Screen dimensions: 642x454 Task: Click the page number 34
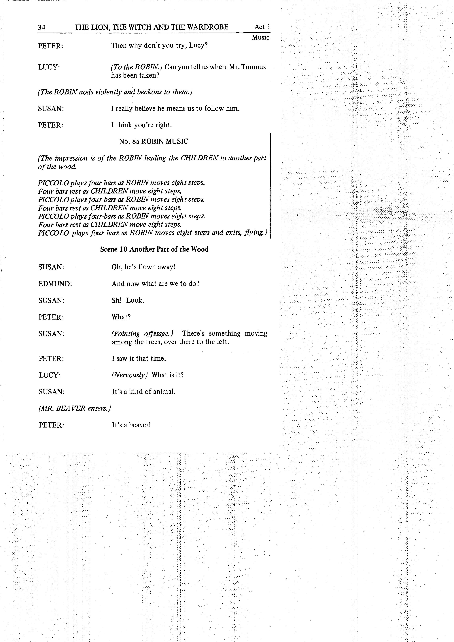pos(42,27)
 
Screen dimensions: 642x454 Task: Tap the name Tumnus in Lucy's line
pos(255,67)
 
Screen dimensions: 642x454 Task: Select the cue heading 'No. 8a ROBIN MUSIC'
pos(154,141)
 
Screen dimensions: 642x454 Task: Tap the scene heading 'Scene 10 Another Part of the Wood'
pos(154,249)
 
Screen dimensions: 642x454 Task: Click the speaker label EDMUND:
pos(55,284)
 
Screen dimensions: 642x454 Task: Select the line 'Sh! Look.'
pos(128,301)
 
